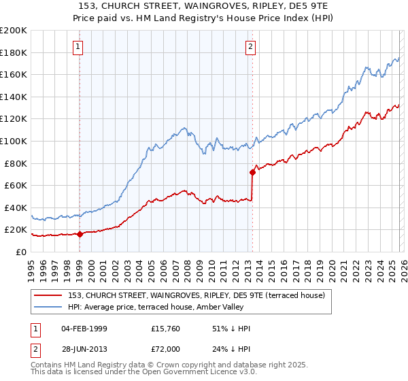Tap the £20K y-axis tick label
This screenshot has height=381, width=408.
[x=16, y=230]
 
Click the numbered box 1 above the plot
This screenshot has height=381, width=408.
[x=79, y=47]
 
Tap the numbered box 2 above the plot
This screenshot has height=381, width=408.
[x=251, y=47]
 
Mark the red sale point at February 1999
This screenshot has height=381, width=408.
[x=80, y=234]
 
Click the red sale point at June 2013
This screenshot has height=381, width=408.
[x=252, y=172]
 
